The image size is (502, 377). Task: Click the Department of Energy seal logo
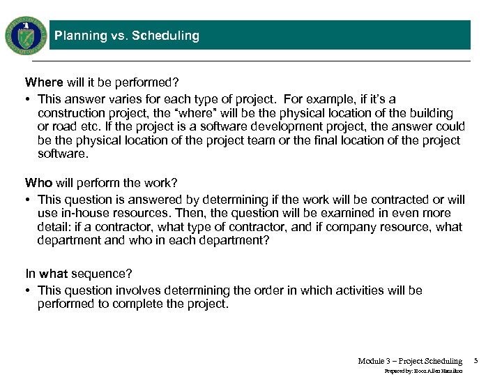[26, 36]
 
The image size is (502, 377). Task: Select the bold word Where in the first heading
[44, 82]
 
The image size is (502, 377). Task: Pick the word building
[429, 113]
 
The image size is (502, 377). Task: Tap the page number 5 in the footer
[476, 360]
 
